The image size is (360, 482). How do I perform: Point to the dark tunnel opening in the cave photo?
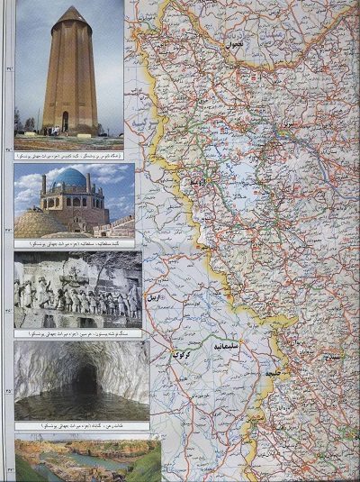point(86,378)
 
